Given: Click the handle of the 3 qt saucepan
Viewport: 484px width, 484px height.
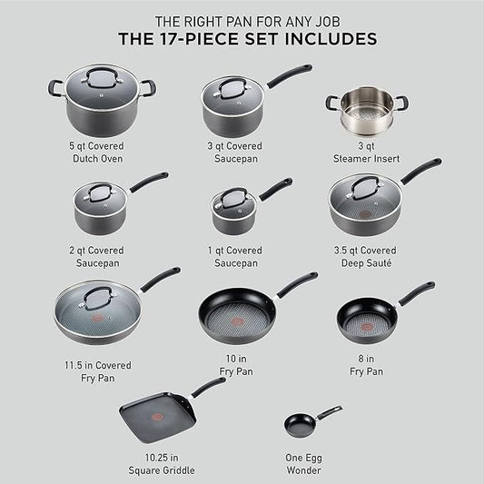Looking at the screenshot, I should pyautogui.click(x=289, y=74).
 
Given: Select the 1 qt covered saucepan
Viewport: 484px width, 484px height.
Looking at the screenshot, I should pyautogui.click(x=234, y=214).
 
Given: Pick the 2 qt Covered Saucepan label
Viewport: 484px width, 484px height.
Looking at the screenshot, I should pyautogui.click(x=100, y=256).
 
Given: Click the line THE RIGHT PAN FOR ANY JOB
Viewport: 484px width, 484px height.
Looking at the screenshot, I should pyautogui.click(x=242, y=20).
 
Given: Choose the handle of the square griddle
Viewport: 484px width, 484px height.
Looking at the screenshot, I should pyautogui.click(x=208, y=386).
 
